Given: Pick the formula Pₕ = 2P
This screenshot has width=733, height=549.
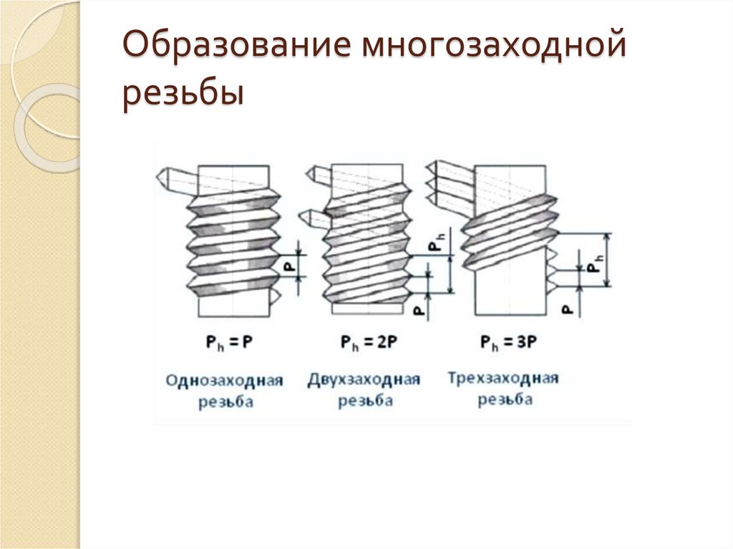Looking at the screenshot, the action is pyautogui.click(x=366, y=342).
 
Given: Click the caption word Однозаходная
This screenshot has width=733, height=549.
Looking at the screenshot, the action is pyautogui.click(x=224, y=379).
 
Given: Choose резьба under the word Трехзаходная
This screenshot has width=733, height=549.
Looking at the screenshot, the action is pyautogui.click(x=505, y=399).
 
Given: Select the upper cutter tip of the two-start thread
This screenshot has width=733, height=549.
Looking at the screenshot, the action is pyautogui.click(x=311, y=173).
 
